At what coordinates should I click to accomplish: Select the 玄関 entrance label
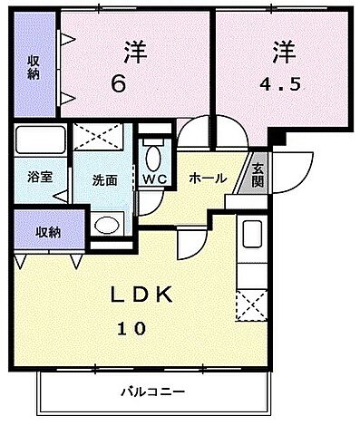[258, 172]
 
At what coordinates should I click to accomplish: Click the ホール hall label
[207, 179]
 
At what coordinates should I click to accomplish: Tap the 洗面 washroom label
[104, 179]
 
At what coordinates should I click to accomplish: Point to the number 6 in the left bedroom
[117, 84]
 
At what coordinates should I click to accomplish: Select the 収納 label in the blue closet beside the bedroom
[33, 67]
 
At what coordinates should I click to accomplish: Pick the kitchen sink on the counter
[252, 237]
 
